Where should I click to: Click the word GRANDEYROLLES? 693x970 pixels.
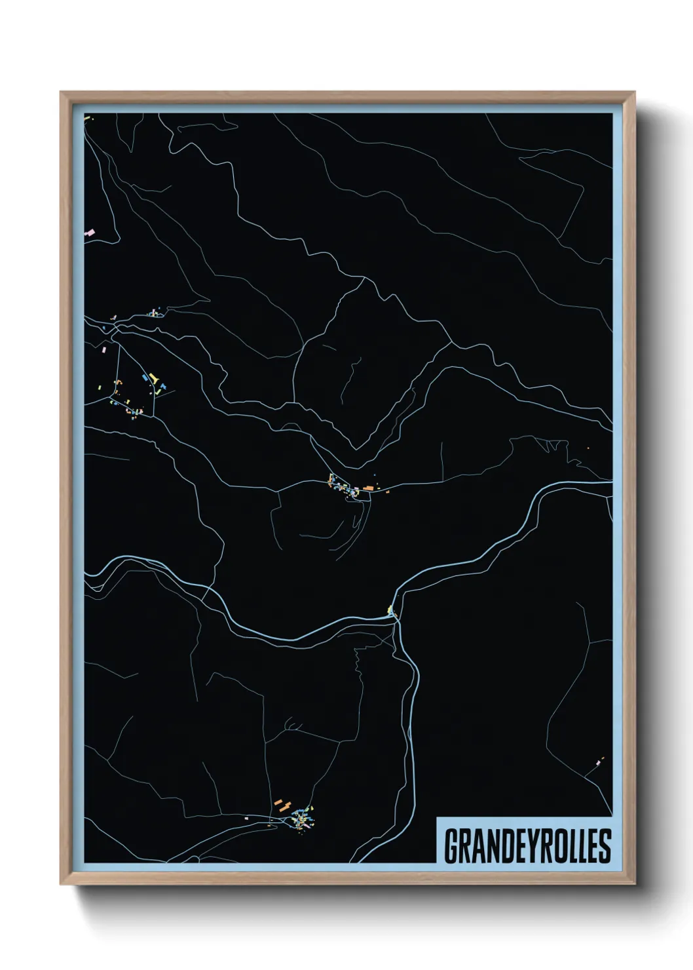527,846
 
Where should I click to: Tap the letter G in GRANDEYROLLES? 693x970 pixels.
451,846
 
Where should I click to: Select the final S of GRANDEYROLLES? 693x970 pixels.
605,846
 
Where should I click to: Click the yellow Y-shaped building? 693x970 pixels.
154,378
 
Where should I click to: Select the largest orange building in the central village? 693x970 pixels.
369,488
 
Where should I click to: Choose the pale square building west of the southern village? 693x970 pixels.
246,819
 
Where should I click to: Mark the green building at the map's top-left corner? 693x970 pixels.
87,119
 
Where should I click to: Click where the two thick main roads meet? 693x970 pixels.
395,615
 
